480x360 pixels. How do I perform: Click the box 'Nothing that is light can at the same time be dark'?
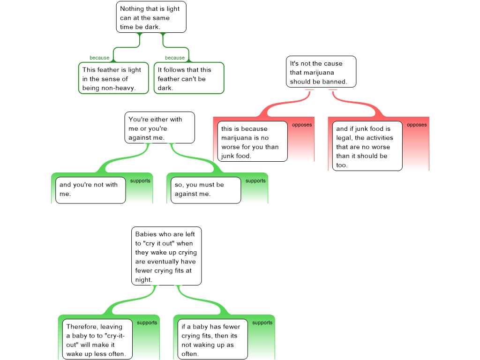click(151, 17)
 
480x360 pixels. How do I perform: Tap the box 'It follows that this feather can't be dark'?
click(188, 79)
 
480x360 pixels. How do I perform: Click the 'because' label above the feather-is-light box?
click(99, 58)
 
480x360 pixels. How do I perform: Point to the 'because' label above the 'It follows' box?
click(174, 58)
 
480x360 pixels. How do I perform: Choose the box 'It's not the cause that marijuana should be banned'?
click(321, 72)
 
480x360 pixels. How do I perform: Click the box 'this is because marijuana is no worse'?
click(252, 142)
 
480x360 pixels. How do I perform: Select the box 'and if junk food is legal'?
click(367, 146)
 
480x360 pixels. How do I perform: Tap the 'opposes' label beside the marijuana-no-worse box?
click(302, 125)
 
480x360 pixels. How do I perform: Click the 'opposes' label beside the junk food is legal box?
click(417, 125)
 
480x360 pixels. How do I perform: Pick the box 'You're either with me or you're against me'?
click(159, 127)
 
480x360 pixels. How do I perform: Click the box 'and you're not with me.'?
click(90, 189)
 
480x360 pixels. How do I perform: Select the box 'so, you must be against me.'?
click(206, 189)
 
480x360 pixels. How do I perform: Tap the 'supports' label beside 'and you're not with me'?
click(140, 181)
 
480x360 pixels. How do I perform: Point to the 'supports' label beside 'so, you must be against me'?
click(255, 181)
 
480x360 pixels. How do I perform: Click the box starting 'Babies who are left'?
click(166, 256)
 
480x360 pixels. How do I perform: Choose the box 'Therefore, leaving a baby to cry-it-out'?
click(97, 340)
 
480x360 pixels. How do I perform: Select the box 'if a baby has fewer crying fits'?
click(213, 340)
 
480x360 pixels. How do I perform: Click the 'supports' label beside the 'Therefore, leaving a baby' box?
click(147, 323)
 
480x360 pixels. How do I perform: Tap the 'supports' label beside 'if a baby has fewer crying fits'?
click(262, 323)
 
